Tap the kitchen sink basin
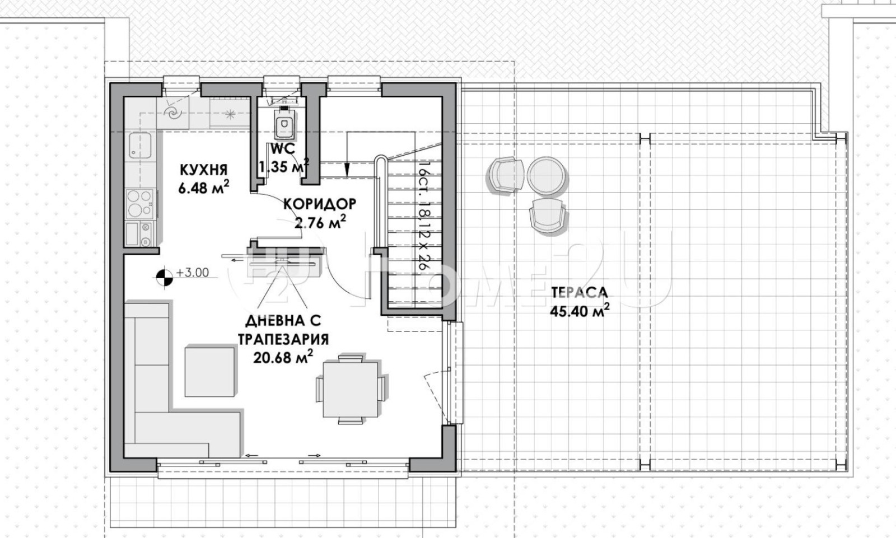tap(139, 146)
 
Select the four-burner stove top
tap(140, 204)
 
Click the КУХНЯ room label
tap(204, 170)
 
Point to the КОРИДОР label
tap(320, 204)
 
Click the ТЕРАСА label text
tap(579, 292)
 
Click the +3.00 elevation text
tap(193, 273)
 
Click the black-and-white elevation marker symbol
tap(165, 277)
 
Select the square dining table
tap(351, 390)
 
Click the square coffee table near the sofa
tap(209, 372)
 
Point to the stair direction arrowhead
tap(347, 170)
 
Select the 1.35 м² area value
tap(283, 166)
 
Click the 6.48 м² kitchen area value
tap(204, 187)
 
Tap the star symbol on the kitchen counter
tap(230, 114)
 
